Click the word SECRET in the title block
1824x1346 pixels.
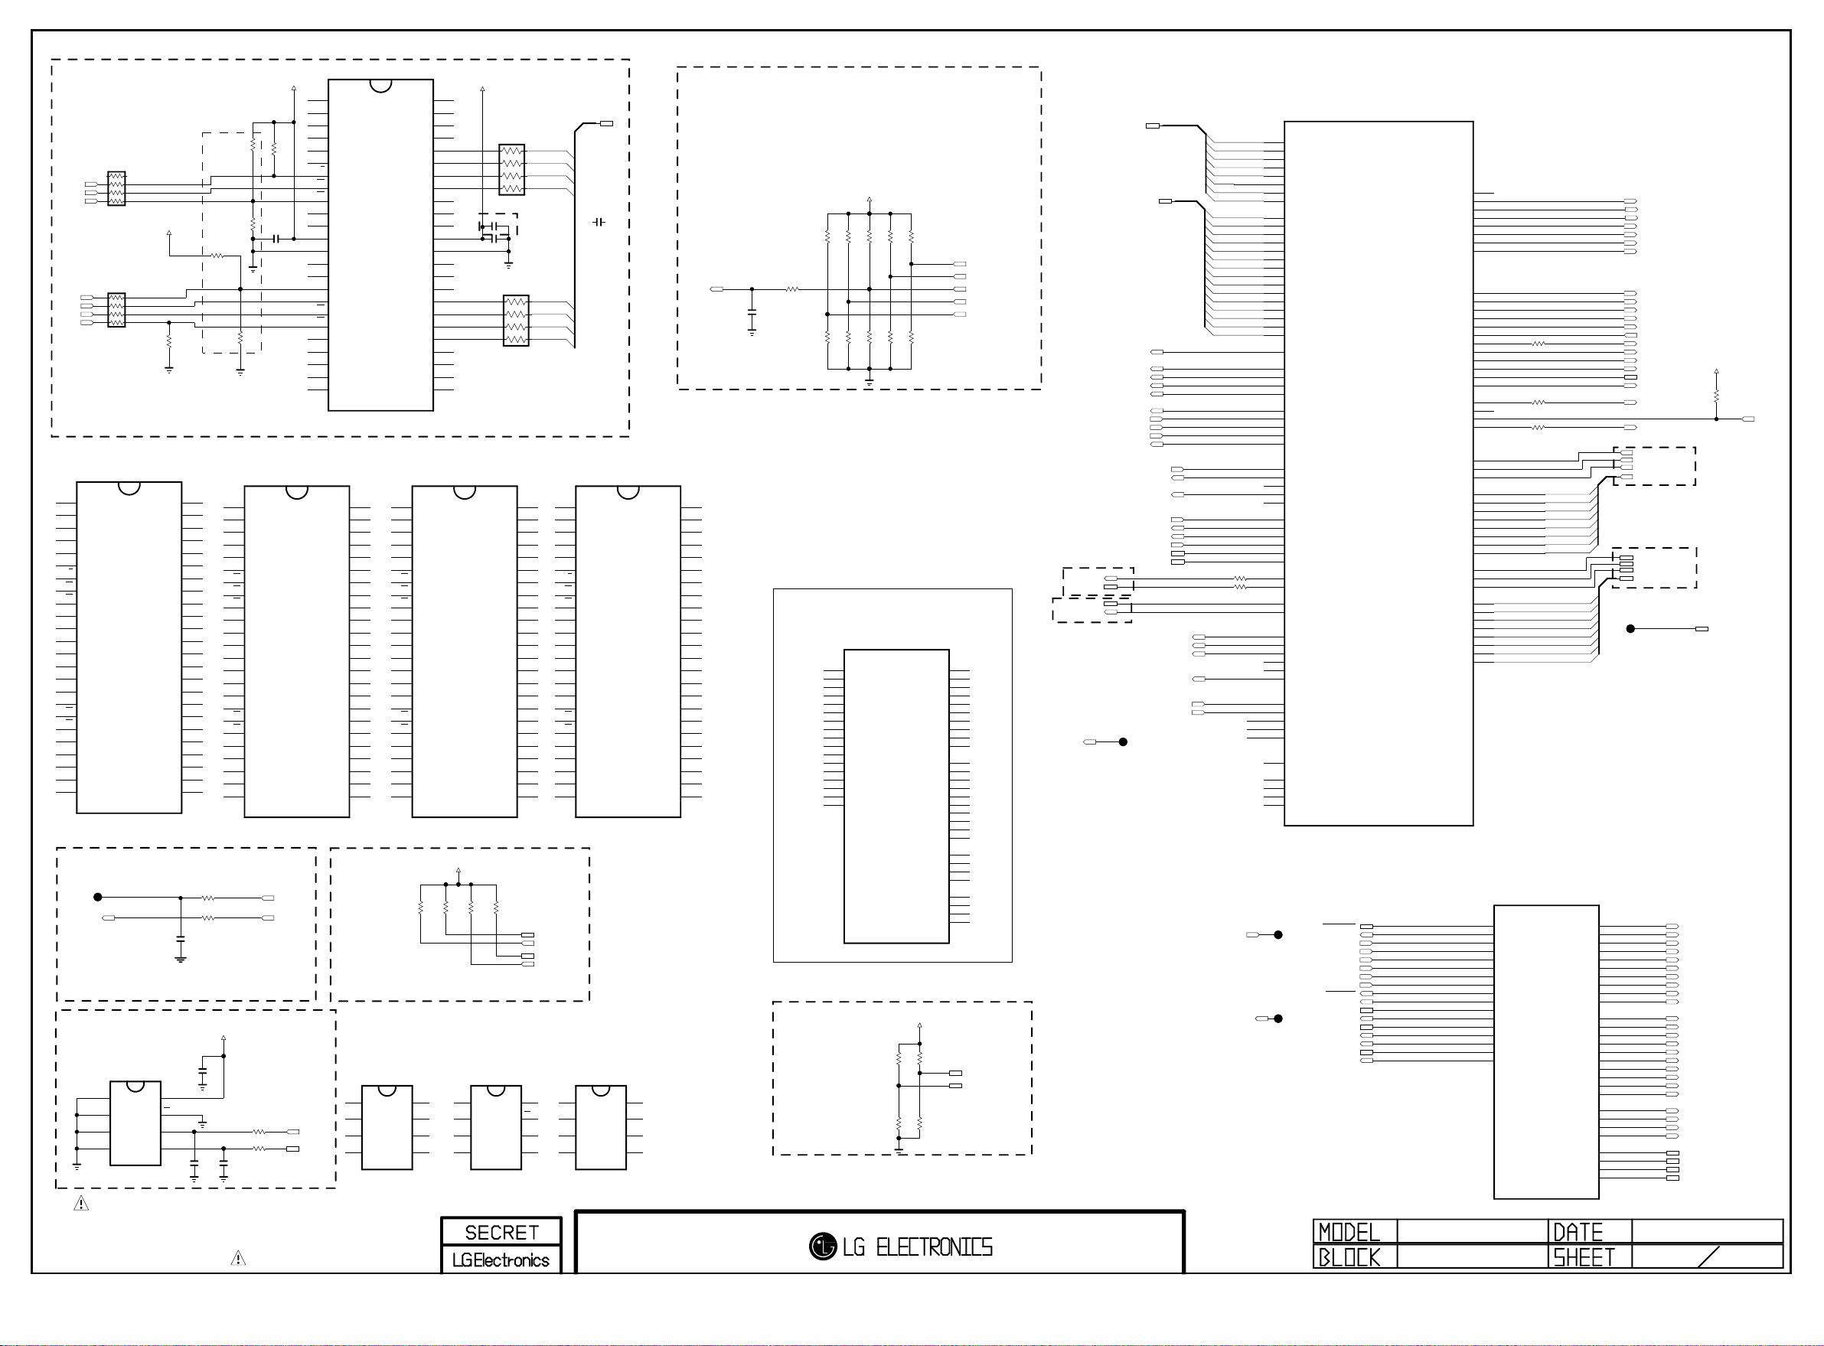pyautogui.click(x=501, y=1232)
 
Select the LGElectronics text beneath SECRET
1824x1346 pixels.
pyautogui.click(x=501, y=1260)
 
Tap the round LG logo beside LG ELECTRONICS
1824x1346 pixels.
pyautogui.click(x=822, y=1246)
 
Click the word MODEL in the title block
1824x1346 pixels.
pyautogui.click(x=1349, y=1232)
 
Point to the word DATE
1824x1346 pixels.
pyautogui.click(x=1578, y=1232)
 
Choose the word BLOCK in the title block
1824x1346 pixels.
pyautogui.click(x=1349, y=1257)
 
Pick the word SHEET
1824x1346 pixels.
pyautogui.click(x=1584, y=1257)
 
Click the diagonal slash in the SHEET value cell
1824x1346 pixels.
pyautogui.click(x=1708, y=1256)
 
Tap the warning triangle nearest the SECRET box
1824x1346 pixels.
pyautogui.click(x=238, y=1259)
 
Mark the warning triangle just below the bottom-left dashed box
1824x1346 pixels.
pyautogui.click(x=81, y=1204)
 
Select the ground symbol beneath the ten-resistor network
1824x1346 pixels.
pyautogui.click(x=870, y=381)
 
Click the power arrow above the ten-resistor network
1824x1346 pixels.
pyautogui.click(x=870, y=199)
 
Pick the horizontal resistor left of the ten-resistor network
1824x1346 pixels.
pyautogui.click(x=791, y=289)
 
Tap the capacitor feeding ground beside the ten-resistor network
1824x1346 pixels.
pyautogui.click(x=752, y=313)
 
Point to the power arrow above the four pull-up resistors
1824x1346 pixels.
pyautogui.click(x=458, y=871)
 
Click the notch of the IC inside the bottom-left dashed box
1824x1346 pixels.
pyautogui.click(x=135, y=1086)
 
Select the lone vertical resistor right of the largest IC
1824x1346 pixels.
pyautogui.click(x=1715, y=395)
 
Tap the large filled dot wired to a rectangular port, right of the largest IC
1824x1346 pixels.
pyautogui.click(x=1630, y=629)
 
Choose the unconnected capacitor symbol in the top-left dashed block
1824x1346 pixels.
pyautogui.click(x=599, y=222)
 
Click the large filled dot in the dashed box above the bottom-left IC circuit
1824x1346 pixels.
pyautogui.click(x=98, y=897)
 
